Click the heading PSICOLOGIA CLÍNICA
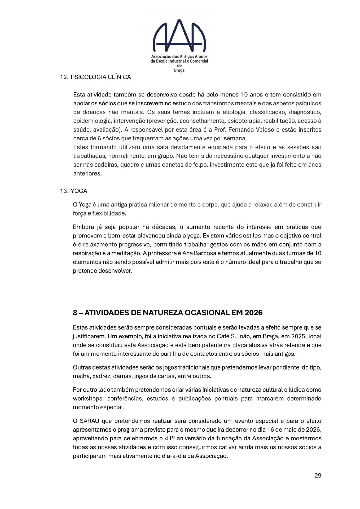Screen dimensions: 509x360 [101, 77]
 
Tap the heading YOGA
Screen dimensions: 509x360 [79, 191]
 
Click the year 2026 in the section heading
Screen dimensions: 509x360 [253, 313]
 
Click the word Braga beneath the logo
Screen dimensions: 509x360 [179, 71]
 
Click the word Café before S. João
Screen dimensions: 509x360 [223, 336]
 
